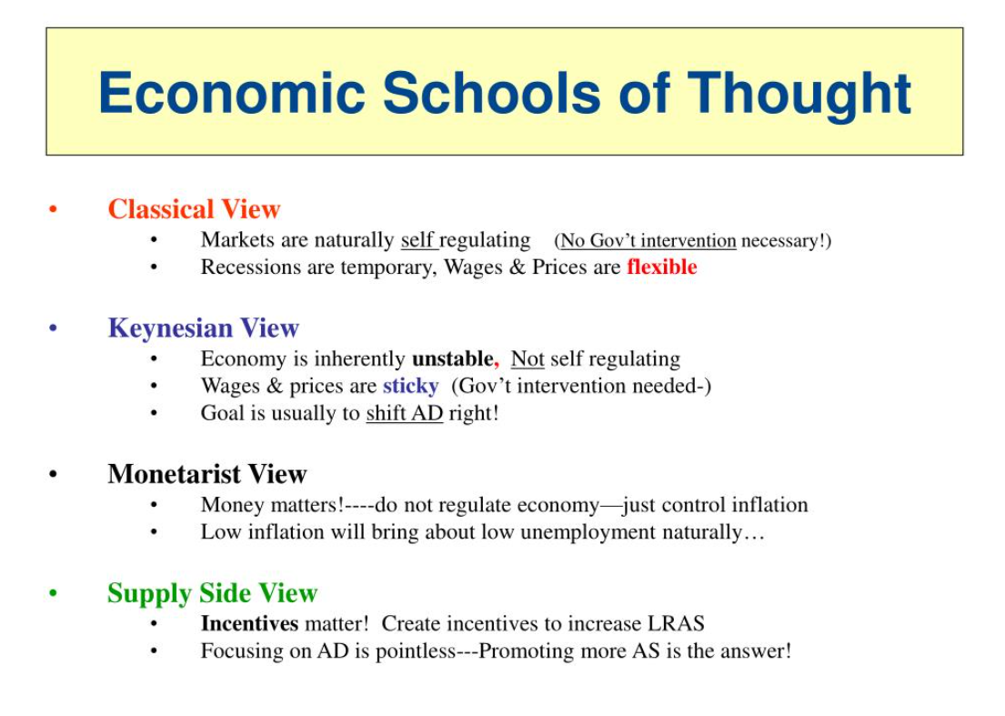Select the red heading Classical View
pos(194,209)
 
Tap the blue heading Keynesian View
pos(203,328)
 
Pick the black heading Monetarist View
pos(206,474)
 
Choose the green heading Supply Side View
pos(212,593)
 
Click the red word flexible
pos(661,267)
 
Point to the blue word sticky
pos(410,386)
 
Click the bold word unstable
pos(452,358)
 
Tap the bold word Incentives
pos(249,624)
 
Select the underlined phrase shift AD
pos(404,413)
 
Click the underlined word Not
pos(528,358)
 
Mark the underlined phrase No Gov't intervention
pos(648,241)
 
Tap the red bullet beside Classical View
pos(53,210)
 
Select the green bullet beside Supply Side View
pos(53,594)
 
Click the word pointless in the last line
pos(418,651)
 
